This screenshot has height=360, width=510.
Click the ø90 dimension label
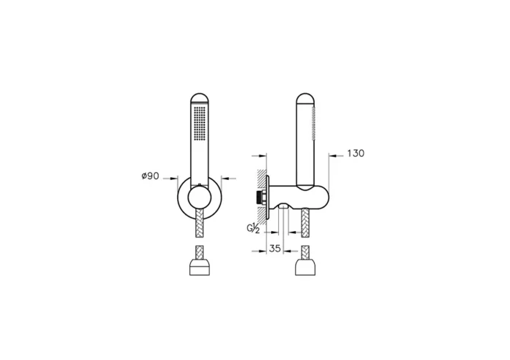150,176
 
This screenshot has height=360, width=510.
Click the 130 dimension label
355,154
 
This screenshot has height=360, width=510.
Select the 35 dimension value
275,249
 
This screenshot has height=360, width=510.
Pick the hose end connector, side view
306,267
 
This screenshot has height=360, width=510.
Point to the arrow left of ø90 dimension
175,176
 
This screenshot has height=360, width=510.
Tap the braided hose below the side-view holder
306,222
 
